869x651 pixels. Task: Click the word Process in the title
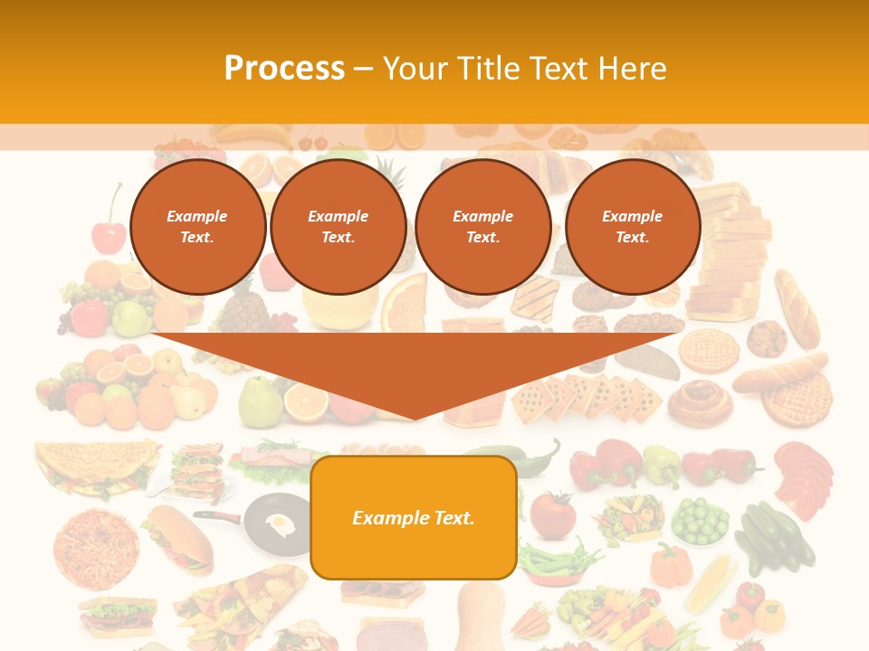pos(284,69)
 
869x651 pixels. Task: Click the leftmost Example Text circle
pos(197,227)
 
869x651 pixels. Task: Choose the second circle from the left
pos(338,227)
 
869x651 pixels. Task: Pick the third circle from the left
pos(482,227)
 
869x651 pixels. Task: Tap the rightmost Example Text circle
pos(632,227)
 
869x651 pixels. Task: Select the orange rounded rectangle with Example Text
pos(414,517)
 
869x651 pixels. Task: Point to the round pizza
pos(96,546)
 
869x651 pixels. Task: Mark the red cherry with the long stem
pos(110,233)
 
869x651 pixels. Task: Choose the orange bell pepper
pos(671,564)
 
